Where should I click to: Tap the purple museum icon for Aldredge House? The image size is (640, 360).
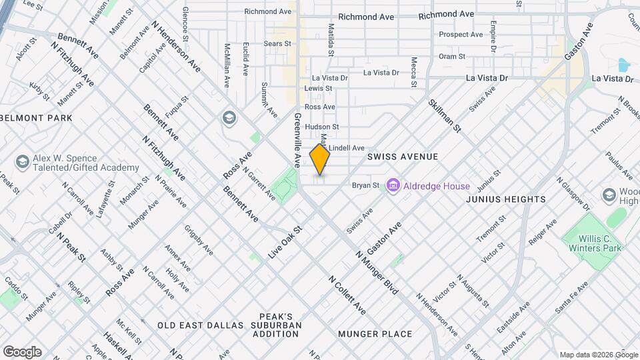393,186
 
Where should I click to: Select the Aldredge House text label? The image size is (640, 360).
436,187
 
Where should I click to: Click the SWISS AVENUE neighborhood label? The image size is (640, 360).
403,157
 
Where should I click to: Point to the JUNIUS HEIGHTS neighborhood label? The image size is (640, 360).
505,199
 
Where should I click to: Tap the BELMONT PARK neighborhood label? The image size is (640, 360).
36,118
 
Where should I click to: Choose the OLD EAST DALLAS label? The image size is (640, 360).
201,325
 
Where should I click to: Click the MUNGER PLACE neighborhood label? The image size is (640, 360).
375,333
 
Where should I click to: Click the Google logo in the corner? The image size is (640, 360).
22,352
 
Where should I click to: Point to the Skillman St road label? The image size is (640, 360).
445,115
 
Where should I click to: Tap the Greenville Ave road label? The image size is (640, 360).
297,139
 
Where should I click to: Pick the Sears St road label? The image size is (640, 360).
277,43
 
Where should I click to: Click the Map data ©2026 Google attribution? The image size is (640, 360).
598,355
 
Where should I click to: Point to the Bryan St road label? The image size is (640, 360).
365,185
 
